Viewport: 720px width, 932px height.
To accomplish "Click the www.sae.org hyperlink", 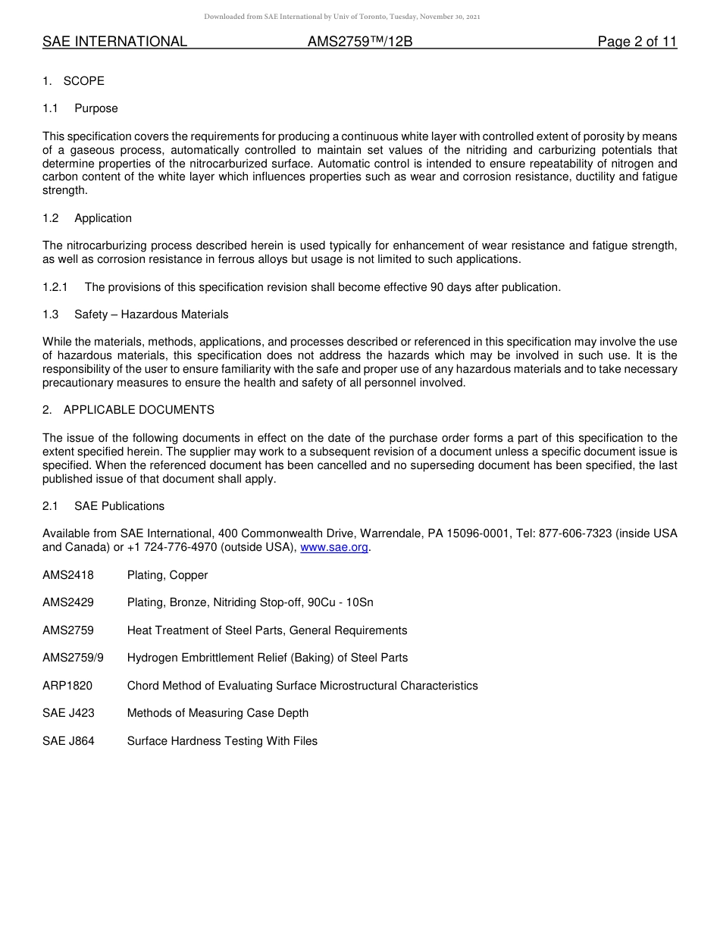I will [x=334, y=547].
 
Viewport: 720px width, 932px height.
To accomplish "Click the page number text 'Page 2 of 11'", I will [x=637, y=42].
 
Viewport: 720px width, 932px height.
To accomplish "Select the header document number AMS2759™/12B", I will [x=360, y=42].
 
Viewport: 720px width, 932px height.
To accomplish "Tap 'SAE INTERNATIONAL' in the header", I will [x=114, y=42].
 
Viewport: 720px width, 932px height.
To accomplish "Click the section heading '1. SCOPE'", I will [x=74, y=81].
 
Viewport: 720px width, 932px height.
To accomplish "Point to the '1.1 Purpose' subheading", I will [x=80, y=108].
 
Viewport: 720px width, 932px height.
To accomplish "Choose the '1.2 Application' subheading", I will [x=87, y=218].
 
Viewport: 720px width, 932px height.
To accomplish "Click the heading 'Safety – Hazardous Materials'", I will [x=152, y=314].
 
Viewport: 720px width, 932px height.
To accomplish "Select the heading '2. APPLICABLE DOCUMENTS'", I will [x=129, y=410].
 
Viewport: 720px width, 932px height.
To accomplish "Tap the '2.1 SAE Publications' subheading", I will [x=104, y=506].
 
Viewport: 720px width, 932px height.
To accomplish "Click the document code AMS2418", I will [x=68, y=575].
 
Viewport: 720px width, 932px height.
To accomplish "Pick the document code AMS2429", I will [x=68, y=602].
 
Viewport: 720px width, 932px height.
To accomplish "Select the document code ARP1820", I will [x=67, y=686].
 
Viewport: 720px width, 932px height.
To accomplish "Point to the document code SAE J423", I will [x=68, y=713].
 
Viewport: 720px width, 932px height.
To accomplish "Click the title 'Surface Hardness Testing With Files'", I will [x=222, y=741].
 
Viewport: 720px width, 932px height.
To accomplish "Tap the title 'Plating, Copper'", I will [x=167, y=575].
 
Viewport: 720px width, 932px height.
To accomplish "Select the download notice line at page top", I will [x=342, y=17].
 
